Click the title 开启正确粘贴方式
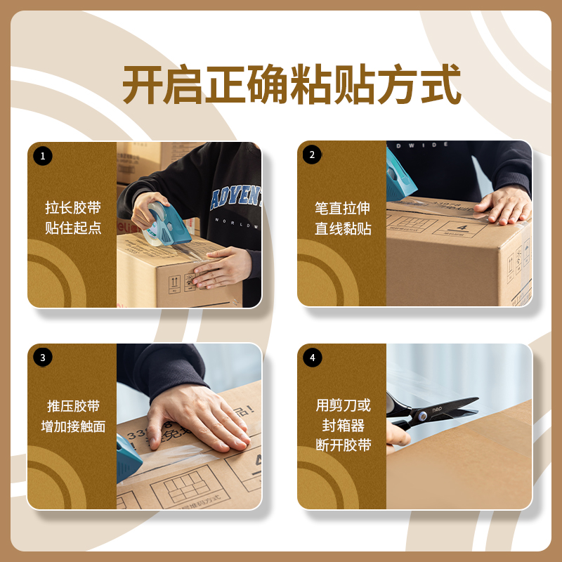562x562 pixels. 292,85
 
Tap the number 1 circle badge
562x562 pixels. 43,155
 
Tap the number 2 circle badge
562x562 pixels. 312,155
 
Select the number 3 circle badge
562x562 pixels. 43,357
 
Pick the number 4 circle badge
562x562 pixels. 312,357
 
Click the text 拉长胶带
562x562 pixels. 73,208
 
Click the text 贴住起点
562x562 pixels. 73,228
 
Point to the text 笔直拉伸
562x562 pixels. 343,208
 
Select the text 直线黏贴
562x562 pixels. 343,228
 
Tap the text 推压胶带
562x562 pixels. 73,406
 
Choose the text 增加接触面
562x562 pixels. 73,426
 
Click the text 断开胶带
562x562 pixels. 343,445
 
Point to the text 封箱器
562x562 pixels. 343,425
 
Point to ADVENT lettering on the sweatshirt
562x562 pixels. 235,197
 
